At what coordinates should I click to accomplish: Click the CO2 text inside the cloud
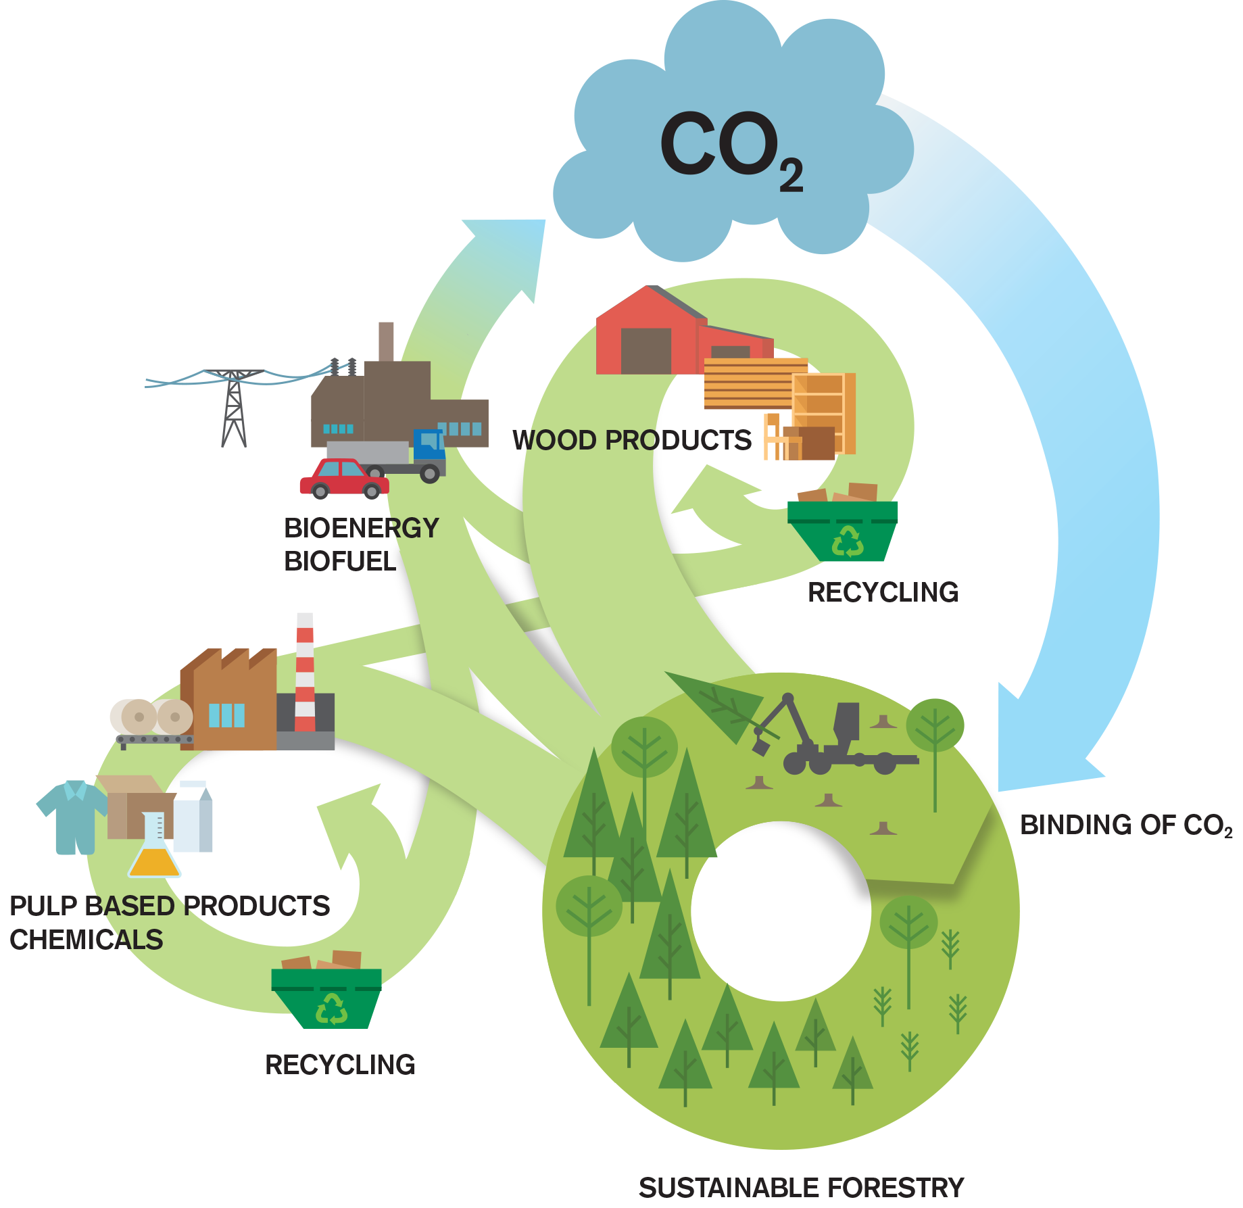coord(730,149)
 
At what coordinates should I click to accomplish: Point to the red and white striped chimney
coord(305,673)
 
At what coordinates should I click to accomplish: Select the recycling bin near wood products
coord(843,530)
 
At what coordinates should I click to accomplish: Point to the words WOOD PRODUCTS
coord(632,441)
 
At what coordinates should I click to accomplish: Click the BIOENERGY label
coord(361,529)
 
